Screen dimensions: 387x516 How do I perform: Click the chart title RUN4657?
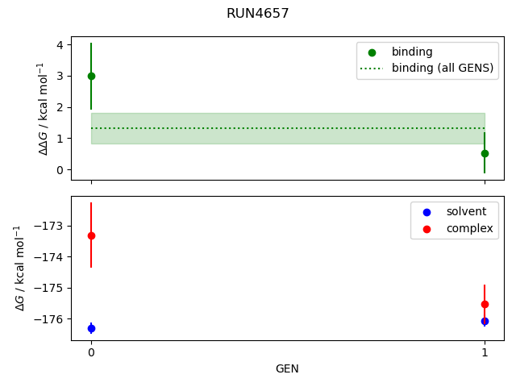coord(257,14)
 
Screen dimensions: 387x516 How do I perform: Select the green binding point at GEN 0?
coord(91,76)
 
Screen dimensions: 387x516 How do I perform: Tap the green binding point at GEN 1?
coord(485,153)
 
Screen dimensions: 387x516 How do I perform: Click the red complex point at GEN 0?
coord(91,235)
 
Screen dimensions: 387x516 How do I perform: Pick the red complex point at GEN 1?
coord(485,304)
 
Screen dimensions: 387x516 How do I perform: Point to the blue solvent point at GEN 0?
coord(91,328)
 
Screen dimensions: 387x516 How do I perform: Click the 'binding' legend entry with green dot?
coord(412,52)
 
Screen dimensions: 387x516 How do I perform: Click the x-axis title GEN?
coord(287,368)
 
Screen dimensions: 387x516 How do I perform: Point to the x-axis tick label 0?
coord(91,352)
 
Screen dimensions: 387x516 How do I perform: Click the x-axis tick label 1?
coord(485,352)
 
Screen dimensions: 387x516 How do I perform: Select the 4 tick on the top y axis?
coord(60,45)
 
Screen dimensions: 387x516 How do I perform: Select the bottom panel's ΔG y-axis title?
coord(18,268)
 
